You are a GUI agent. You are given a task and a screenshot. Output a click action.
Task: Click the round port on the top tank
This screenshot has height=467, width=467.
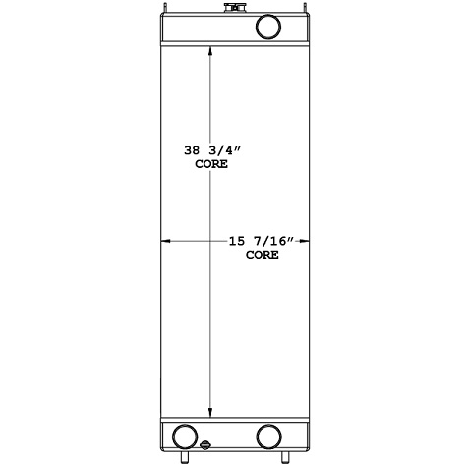(x=267, y=27)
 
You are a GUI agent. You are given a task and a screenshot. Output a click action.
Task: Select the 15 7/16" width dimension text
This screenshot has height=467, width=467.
(x=263, y=240)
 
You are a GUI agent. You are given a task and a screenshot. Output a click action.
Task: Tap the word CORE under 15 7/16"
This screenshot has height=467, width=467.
(x=263, y=254)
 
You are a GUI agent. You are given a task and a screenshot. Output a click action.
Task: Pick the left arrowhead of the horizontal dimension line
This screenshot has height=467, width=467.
(x=165, y=240)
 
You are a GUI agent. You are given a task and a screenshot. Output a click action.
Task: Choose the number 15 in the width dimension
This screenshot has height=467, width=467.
(x=235, y=240)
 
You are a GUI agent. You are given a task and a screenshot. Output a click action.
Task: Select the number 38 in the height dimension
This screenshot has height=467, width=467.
(x=193, y=151)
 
